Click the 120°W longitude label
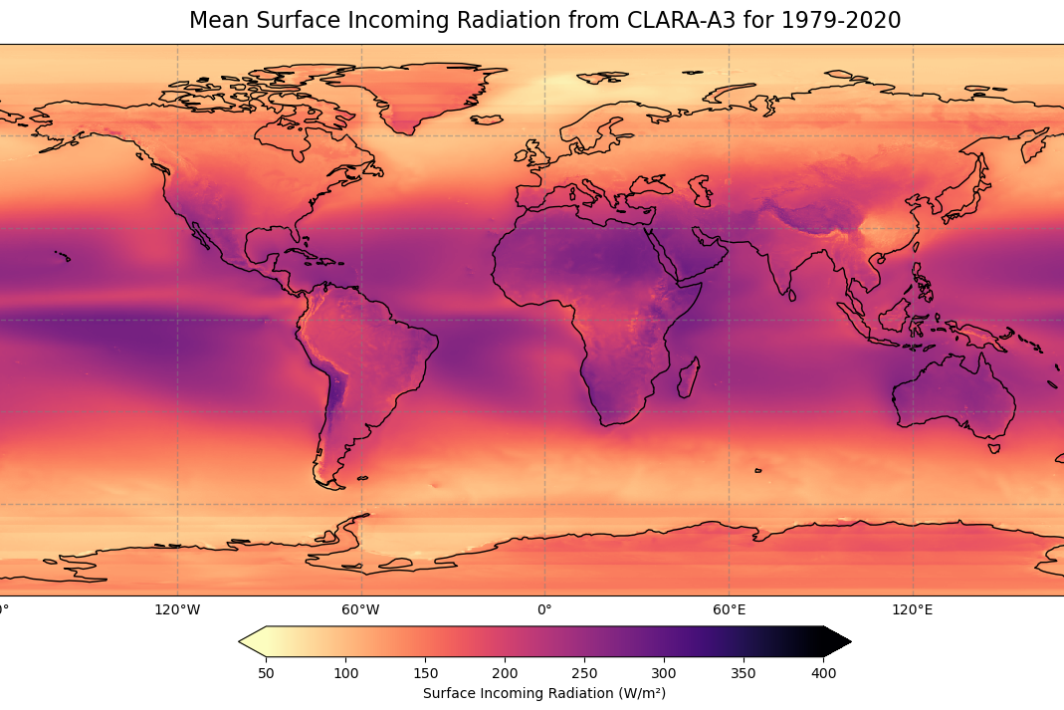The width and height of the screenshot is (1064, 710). pos(177,608)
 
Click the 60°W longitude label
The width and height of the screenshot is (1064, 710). pos(361,608)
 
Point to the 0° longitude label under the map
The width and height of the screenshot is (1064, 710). pos(544,608)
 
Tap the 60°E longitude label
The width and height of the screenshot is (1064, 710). pos(729,608)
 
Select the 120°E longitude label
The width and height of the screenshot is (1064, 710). pos(912,608)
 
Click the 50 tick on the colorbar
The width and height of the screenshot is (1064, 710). pos(267,673)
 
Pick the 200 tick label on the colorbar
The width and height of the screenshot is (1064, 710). pos(505,673)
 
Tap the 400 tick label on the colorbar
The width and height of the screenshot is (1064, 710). pos(823,673)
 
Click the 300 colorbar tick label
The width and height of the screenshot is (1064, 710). pos(664,673)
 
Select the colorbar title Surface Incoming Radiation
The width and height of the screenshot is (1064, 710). pos(543,693)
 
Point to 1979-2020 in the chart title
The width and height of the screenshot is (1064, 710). pos(852,21)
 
